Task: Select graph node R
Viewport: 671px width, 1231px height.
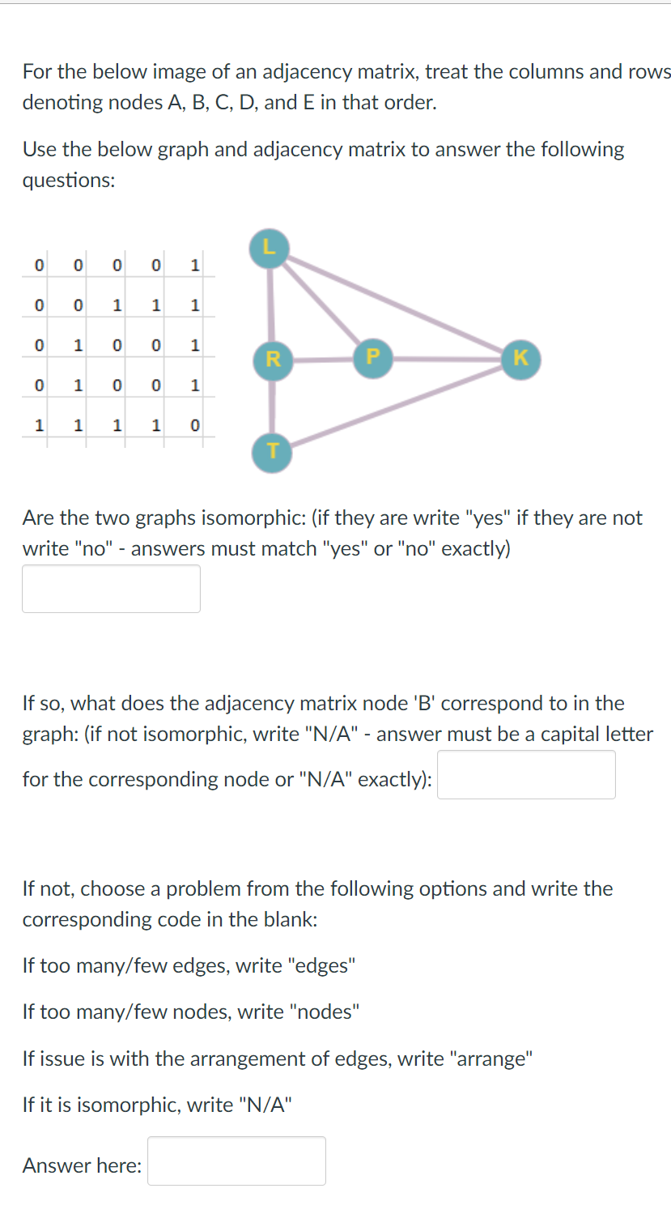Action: click(272, 358)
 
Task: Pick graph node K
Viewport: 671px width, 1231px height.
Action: click(520, 357)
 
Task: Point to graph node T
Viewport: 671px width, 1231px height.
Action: click(272, 450)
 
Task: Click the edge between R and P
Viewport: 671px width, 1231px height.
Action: click(322, 358)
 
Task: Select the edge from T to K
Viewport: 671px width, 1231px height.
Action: click(397, 405)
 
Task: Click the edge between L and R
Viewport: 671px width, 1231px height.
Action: click(271, 302)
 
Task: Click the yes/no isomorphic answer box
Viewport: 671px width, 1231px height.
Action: click(111, 589)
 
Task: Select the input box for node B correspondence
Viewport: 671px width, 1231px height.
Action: click(526, 775)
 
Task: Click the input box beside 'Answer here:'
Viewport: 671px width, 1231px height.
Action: click(236, 1161)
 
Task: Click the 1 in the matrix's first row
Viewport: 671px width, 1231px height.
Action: click(194, 265)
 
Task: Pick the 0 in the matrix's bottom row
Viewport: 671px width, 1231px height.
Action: click(194, 424)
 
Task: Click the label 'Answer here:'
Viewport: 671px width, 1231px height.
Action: click(82, 1165)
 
